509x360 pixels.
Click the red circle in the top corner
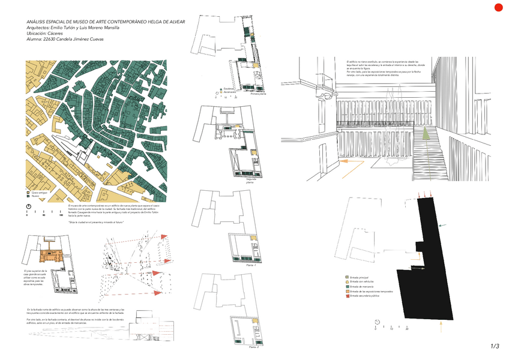coord(498,8)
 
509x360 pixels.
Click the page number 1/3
coord(495,346)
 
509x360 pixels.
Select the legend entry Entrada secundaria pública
coord(370,296)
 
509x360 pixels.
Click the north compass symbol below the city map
coord(28,208)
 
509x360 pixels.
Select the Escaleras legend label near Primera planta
coord(229,89)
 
